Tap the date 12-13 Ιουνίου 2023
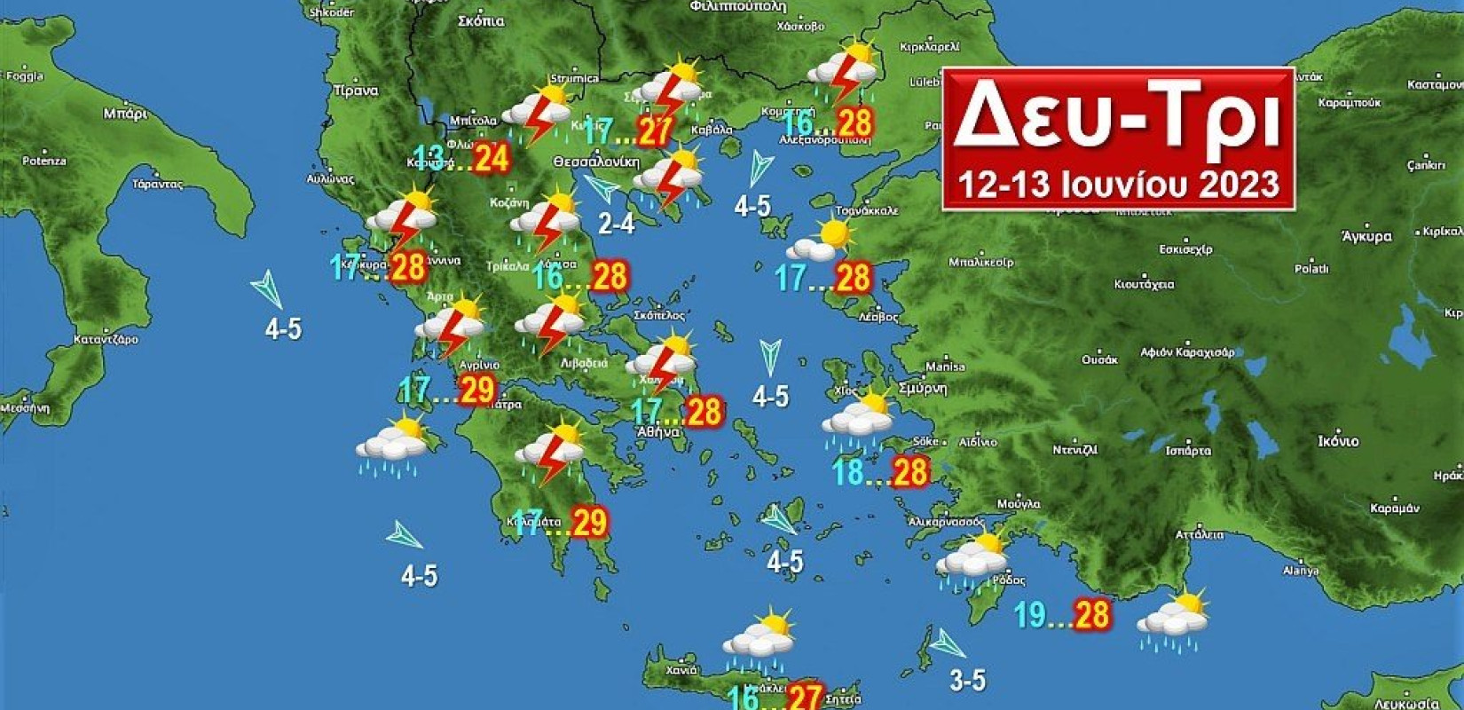[1118, 184]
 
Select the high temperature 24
[491, 158]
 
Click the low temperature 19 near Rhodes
[1030, 614]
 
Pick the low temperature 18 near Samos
[848, 471]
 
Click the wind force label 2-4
[616, 223]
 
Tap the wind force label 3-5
[967, 681]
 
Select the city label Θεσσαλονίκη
[595, 162]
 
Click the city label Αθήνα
[657, 432]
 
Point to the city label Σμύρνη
[923, 389]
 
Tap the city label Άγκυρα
[1366, 236]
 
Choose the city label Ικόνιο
[1338, 441]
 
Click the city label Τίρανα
[356, 91]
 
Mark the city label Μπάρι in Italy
[125, 113]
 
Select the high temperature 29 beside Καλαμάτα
[590, 522]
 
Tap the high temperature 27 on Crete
[805, 696]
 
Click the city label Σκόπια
[482, 21]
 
